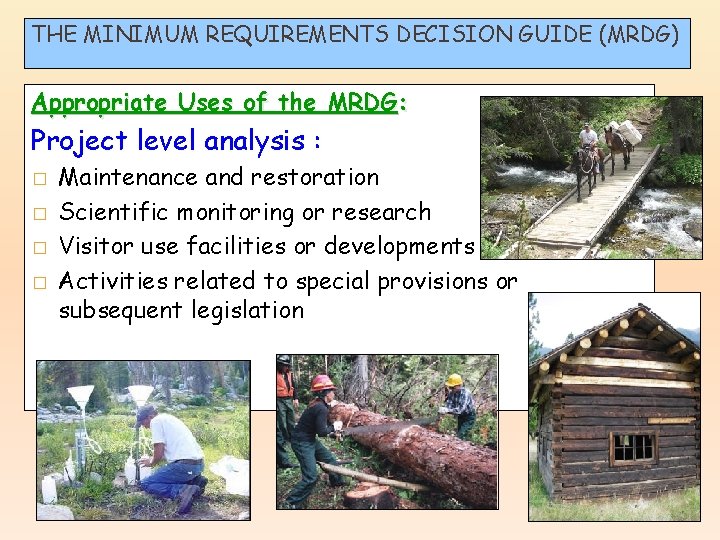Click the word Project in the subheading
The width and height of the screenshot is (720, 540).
pyautogui.click(x=72, y=141)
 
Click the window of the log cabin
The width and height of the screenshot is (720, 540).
pyautogui.click(x=632, y=446)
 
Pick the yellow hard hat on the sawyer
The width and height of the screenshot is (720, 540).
pyautogui.click(x=454, y=381)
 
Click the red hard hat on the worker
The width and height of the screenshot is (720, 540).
pyautogui.click(x=323, y=383)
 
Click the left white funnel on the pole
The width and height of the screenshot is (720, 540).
pyautogui.click(x=82, y=396)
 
